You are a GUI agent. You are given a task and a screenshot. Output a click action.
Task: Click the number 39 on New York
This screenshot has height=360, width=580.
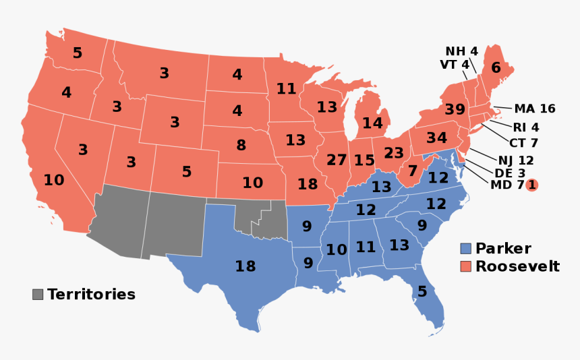[x=455, y=110]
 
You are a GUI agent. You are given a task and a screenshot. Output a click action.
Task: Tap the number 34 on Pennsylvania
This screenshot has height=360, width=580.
[x=437, y=138]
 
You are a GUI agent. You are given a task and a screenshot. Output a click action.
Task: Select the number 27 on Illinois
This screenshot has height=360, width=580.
[x=336, y=160]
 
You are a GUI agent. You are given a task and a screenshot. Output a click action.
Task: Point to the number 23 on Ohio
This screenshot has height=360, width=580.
[x=393, y=153]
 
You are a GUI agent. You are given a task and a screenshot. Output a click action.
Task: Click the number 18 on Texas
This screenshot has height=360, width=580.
[x=245, y=266]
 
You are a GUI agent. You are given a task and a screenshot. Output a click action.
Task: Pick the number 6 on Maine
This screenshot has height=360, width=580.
[x=496, y=67]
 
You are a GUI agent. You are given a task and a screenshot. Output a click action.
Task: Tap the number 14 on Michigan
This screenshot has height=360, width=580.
[x=372, y=123]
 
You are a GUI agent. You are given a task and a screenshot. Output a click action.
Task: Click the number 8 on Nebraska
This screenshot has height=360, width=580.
[x=241, y=145]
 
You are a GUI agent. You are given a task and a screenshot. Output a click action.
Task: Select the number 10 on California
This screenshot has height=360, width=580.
[x=54, y=180]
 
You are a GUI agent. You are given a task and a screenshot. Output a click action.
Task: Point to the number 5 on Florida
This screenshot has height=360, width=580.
[x=422, y=292]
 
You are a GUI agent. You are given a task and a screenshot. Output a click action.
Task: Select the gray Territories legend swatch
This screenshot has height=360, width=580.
[x=38, y=295]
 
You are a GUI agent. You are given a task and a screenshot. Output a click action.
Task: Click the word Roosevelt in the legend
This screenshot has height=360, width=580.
[x=517, y=266]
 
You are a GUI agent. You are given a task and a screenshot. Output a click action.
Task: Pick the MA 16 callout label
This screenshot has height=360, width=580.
[x=534, y=109]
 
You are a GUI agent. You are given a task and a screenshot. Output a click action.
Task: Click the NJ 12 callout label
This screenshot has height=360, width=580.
[x=516, y=160]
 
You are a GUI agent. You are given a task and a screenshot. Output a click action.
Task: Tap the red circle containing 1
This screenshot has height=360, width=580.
[x=531, y=185]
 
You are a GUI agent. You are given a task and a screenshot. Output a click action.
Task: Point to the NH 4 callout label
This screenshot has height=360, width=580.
[x=461, y=51]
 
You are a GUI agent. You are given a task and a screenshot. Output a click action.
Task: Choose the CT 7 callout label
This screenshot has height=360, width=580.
[x=523, y=143]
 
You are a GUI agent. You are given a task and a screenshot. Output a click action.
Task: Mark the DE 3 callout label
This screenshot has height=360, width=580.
[x=510, y=173]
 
